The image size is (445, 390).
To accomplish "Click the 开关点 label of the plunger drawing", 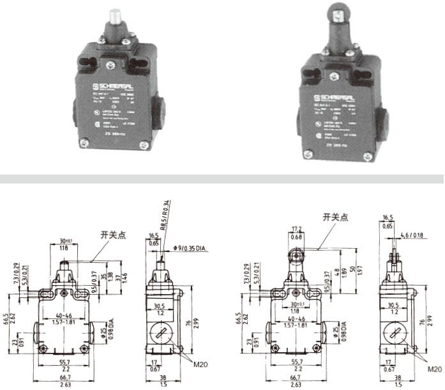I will pyautogui.click(x=112, y=235).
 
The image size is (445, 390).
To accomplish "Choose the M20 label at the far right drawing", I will pyautogui.click(x=434, y=369).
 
